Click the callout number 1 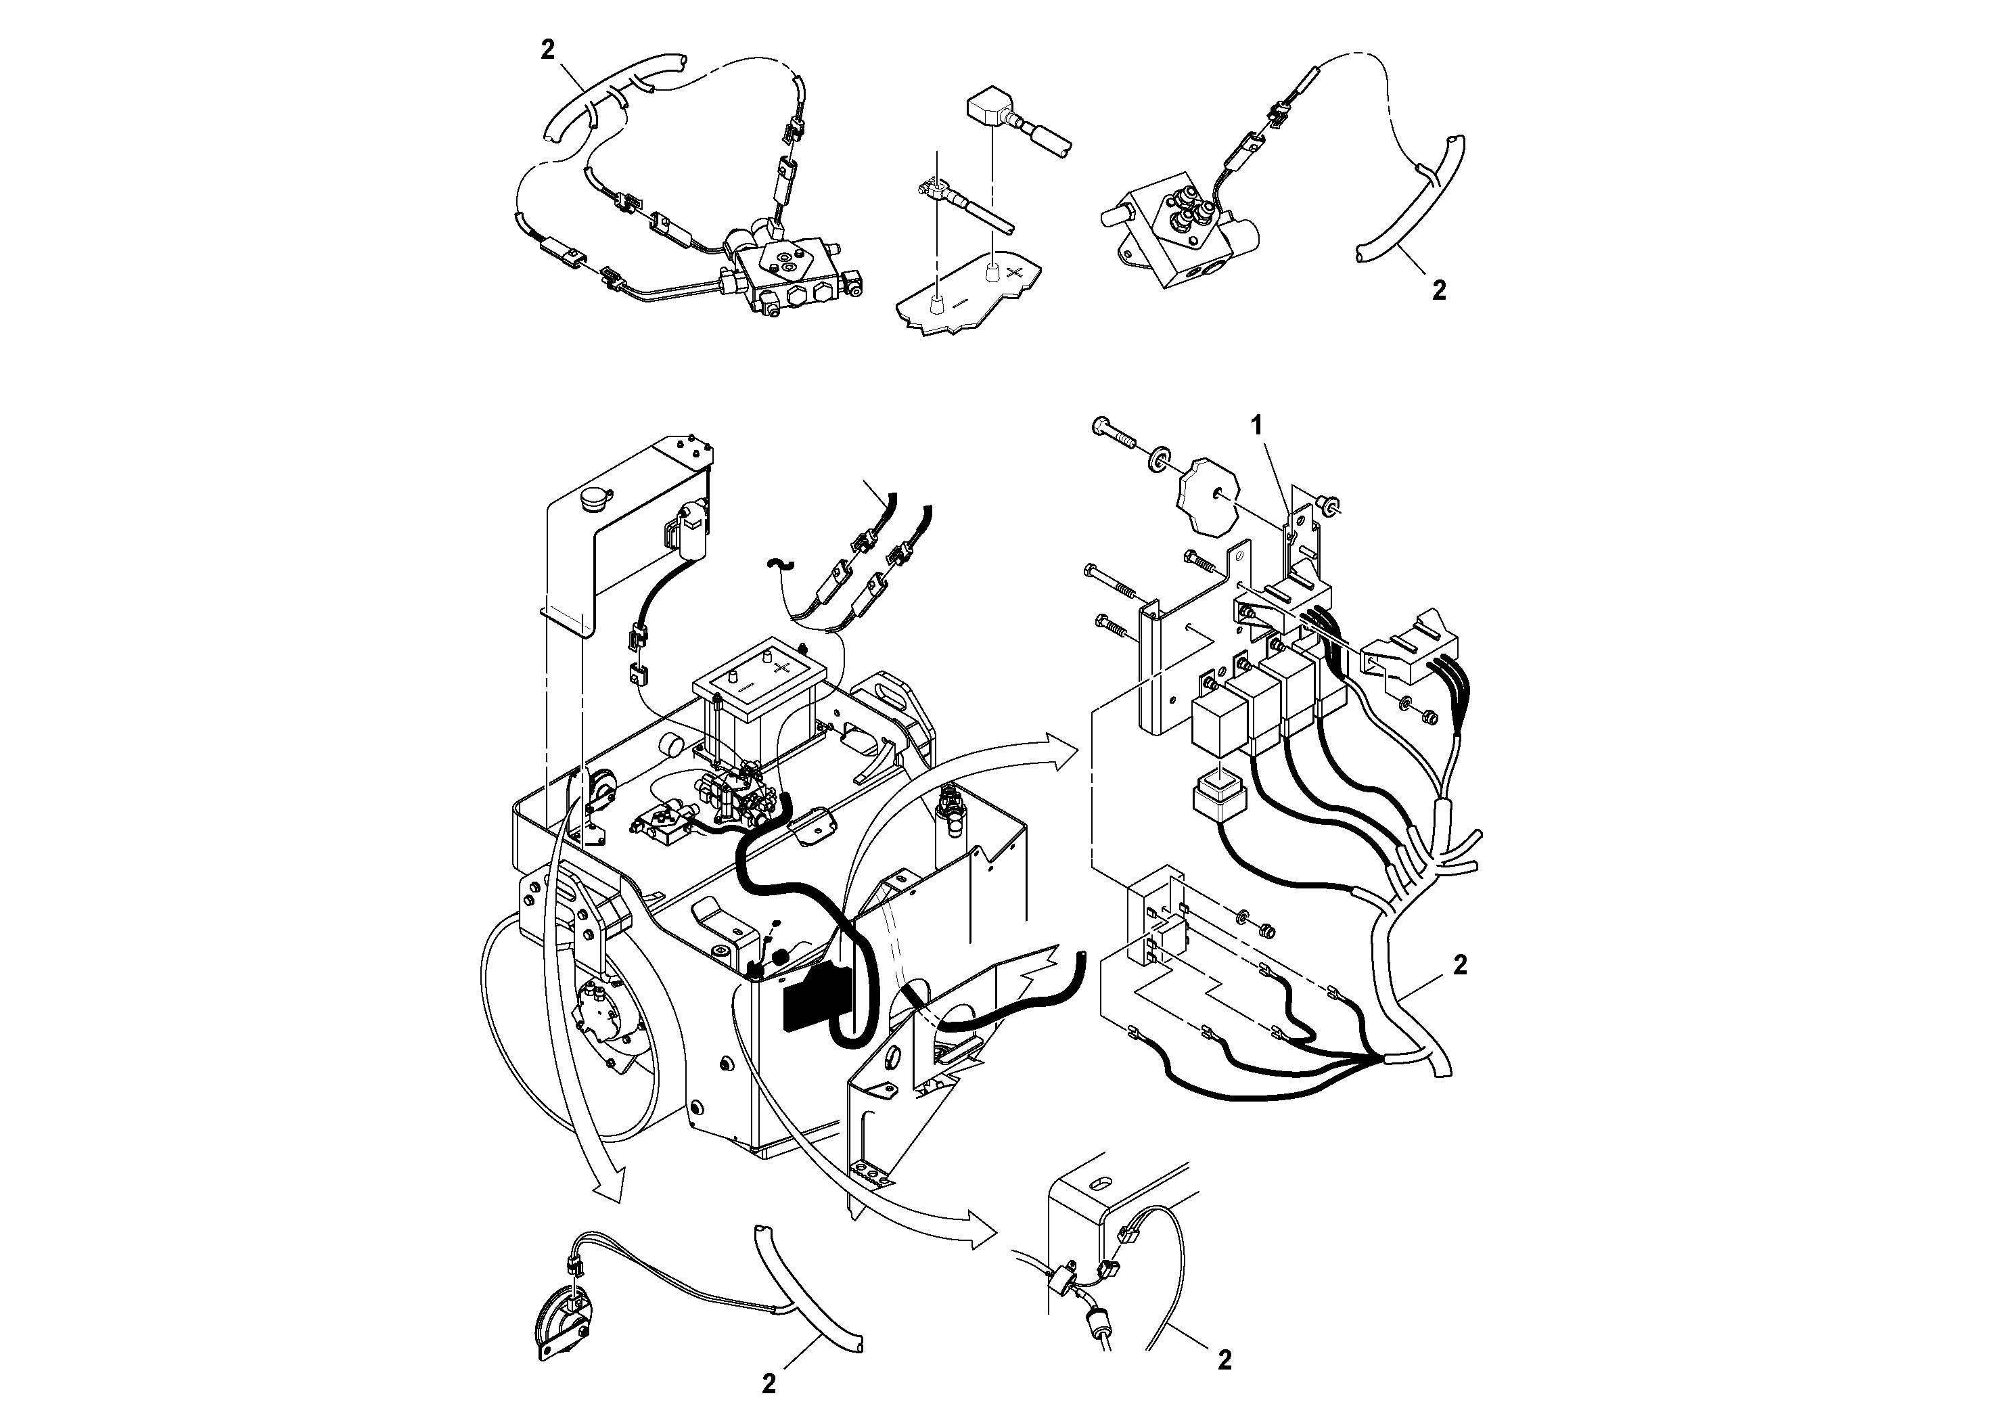pos(1256,426)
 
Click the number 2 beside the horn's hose pos(769,1384)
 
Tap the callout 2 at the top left pos(548,50)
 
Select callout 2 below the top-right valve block pos(1438,290)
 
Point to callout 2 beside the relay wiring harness pos(1460,965)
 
